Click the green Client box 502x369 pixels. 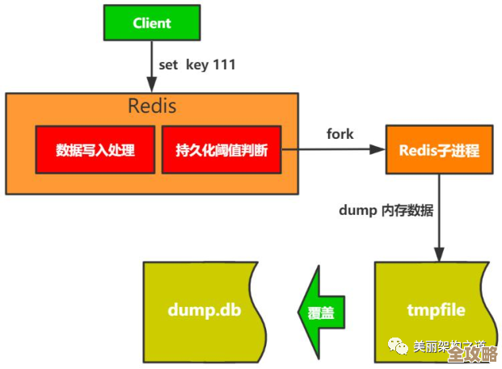(x=151, y=23)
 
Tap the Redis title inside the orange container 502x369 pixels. (x=152, y=106)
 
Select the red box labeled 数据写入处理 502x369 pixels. (x=95, y=150)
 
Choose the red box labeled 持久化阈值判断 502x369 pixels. (x=221, y=150)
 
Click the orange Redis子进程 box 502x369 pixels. (x=439, y=151)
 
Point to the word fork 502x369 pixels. (x=340, y=134)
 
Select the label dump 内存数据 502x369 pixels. (x=386, y=211)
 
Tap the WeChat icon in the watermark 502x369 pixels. (x=399, y=347)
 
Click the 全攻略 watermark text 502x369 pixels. (x=471, y=354)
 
